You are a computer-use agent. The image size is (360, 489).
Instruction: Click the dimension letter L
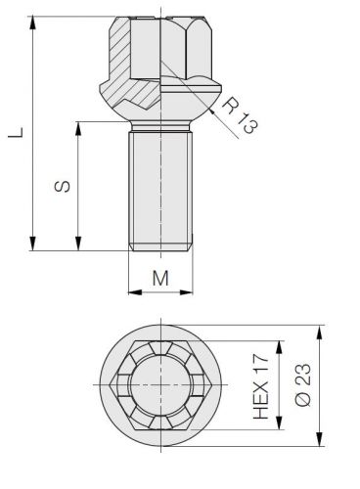click(x=16, y=133)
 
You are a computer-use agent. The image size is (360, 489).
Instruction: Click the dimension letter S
click(x=62, y=186)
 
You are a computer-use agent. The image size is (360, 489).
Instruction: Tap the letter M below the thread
click(x=160, y=278)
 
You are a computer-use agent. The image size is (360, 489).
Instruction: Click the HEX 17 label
click(x=261, y=386)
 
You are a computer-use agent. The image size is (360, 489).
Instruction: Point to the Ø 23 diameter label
click(x=302, y=385)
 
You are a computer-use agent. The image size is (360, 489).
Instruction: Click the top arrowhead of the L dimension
click(x=32, y=22)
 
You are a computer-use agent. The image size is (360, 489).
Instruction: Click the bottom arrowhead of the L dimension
click(x=32, y=244)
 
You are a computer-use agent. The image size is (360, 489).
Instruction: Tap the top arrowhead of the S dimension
click(x=78, y=129)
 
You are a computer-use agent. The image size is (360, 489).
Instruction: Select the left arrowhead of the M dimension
click(x=135, y=292)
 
